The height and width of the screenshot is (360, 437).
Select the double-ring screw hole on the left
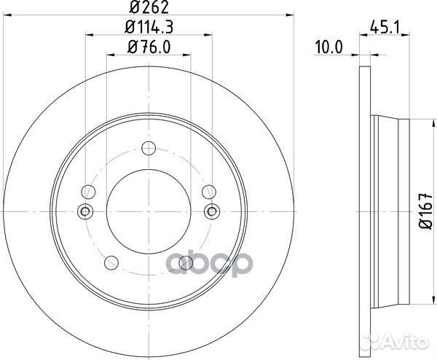(x=84, y=211)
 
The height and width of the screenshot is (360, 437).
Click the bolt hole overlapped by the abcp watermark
(x=186, y=261)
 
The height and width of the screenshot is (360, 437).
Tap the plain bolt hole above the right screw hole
(x=208, y=192)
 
